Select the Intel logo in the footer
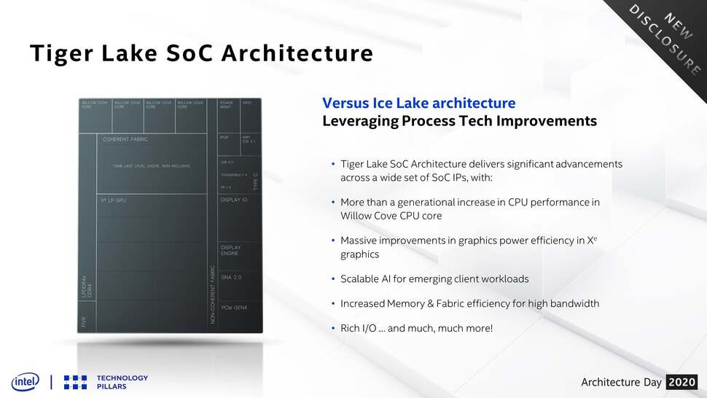tap(25, 381)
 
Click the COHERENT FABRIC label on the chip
tap(125, 139)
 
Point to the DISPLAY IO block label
tap(234, 199)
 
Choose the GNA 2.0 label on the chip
tap(231, 278)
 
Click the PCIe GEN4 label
tap(234, 308)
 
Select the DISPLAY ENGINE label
tap(230, 250)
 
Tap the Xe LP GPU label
tap(113, 199)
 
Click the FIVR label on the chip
tap(83, 321)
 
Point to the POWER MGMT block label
tap(227, 105)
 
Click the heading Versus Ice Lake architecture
tap(418, 104)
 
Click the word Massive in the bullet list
tap(359, 240)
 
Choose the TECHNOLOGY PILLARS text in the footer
tap(122, 382)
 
